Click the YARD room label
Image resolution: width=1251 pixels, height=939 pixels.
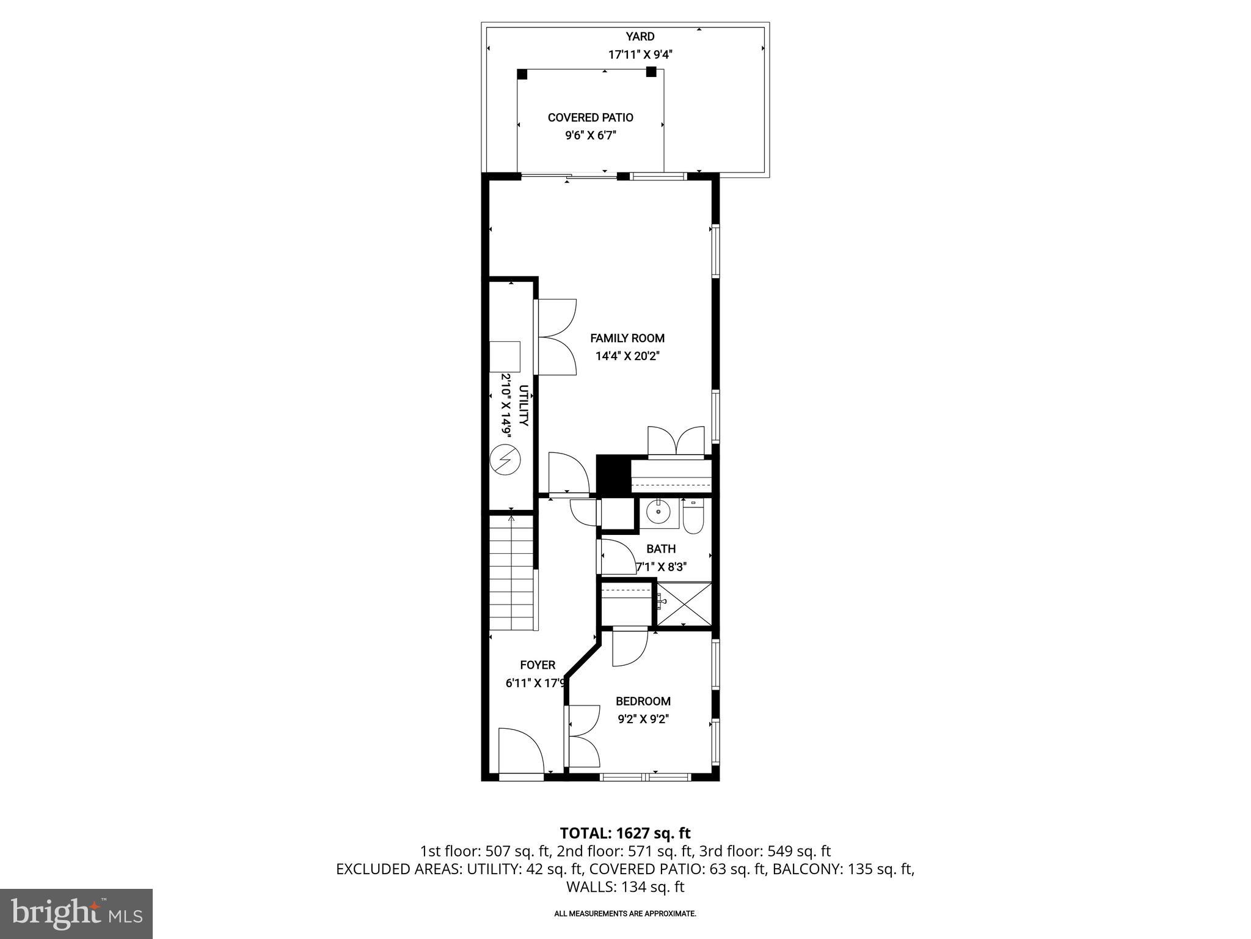coord(640,37)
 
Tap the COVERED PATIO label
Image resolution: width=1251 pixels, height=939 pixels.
coord(590,117)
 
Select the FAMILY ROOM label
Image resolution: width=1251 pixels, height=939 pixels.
coord(627,338)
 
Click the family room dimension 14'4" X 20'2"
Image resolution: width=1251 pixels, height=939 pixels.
coord(627,356)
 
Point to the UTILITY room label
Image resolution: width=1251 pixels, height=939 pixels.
coord(523,405)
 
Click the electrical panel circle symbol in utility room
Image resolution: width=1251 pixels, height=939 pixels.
coord(505,460)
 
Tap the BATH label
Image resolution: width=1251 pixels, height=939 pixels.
coord(661,549)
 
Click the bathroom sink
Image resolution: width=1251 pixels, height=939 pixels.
coord(659,513)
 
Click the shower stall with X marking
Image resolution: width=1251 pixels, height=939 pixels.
coord(684,604)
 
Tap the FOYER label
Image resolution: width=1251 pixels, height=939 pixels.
coord(538,665)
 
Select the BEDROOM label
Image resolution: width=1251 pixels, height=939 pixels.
coord(643,701)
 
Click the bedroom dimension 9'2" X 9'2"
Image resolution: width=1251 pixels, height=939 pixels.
coord(643,719)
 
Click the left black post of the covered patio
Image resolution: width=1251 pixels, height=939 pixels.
coord(522,74)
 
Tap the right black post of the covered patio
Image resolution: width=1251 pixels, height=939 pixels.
coord(651,72)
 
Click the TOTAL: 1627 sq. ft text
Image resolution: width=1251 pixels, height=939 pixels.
coord(625,833)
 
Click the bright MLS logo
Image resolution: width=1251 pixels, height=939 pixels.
coord(76,913)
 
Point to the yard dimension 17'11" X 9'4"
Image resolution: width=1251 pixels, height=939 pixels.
coord(640,54)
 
